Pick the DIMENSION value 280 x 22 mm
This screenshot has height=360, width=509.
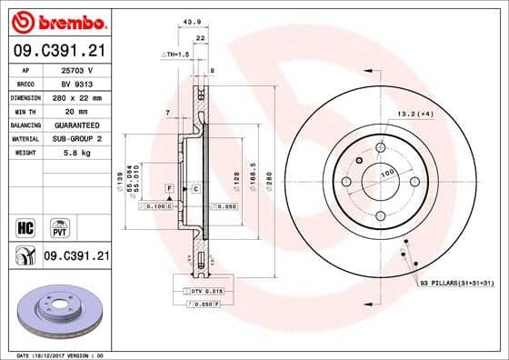75,97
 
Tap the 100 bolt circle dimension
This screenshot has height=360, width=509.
385,172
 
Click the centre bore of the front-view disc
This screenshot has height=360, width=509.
376,187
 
